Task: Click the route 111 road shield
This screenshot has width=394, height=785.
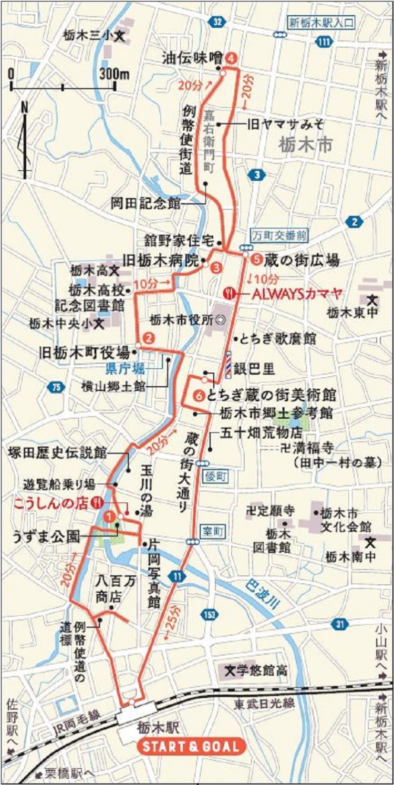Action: click(325, 42)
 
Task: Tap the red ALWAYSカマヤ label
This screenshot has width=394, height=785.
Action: click(297, 293)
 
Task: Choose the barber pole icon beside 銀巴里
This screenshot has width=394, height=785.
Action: click(229, 364)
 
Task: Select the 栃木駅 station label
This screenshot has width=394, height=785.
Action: click(158, 727)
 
